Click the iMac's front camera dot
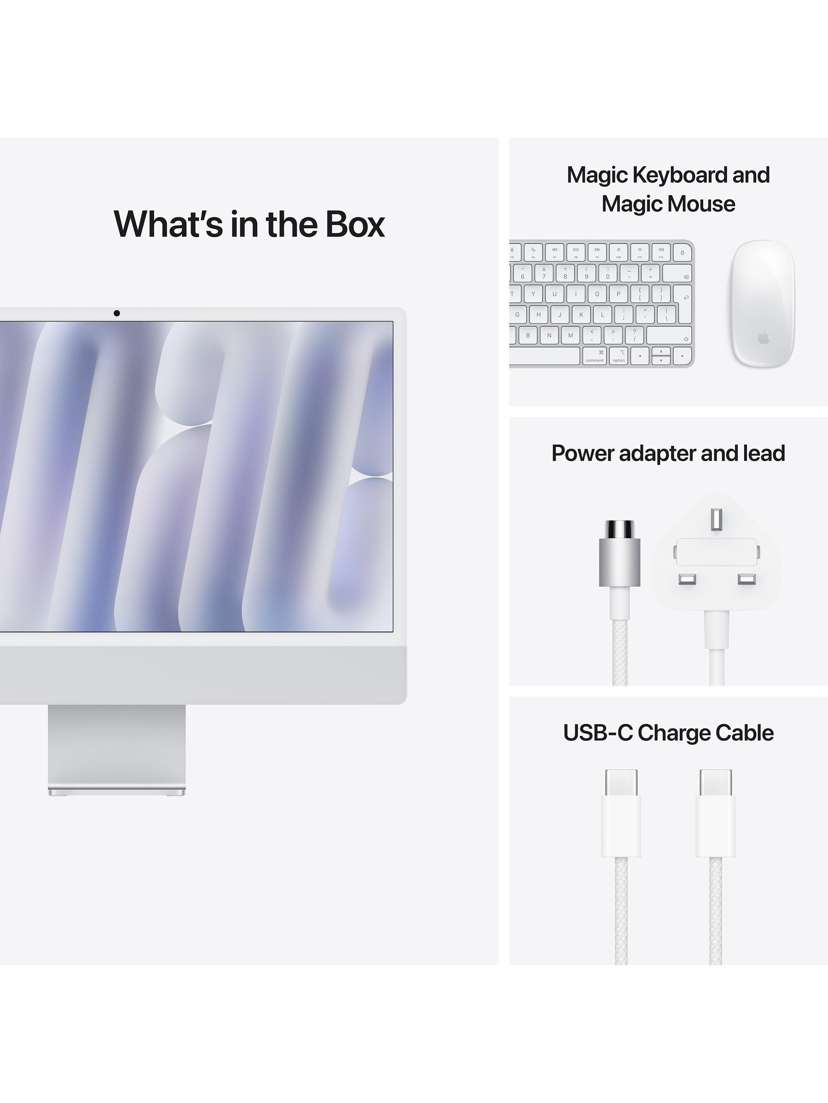coord(117,313)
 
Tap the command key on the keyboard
coord(594,356)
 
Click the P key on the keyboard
coord(618,294)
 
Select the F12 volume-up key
coord(661,252)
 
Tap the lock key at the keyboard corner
coord(682,252)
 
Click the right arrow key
coord(682,356)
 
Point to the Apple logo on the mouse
coord(763,339)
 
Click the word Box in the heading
coord(355,224)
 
